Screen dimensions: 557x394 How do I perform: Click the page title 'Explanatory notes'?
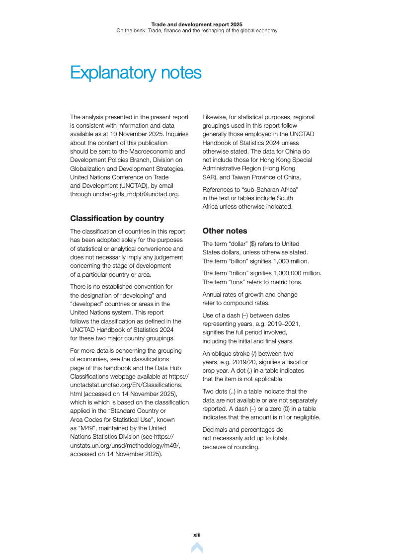pyautogui.click(x=136, y=73)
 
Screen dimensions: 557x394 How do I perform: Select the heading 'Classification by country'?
pyautogui.click(x=117, y=219)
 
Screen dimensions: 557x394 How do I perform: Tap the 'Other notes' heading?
pyautogui.click(x=225, y=231)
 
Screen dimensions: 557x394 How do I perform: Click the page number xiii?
pyautogui.click(x=197, y=535)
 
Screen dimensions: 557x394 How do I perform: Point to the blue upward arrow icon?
pyautogui.click(x=197, y=548)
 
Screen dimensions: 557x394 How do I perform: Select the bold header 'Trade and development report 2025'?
pyautogui.click(x=197, y=24)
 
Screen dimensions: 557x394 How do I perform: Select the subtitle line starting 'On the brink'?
pyautogui.click(x=197, y=31)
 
